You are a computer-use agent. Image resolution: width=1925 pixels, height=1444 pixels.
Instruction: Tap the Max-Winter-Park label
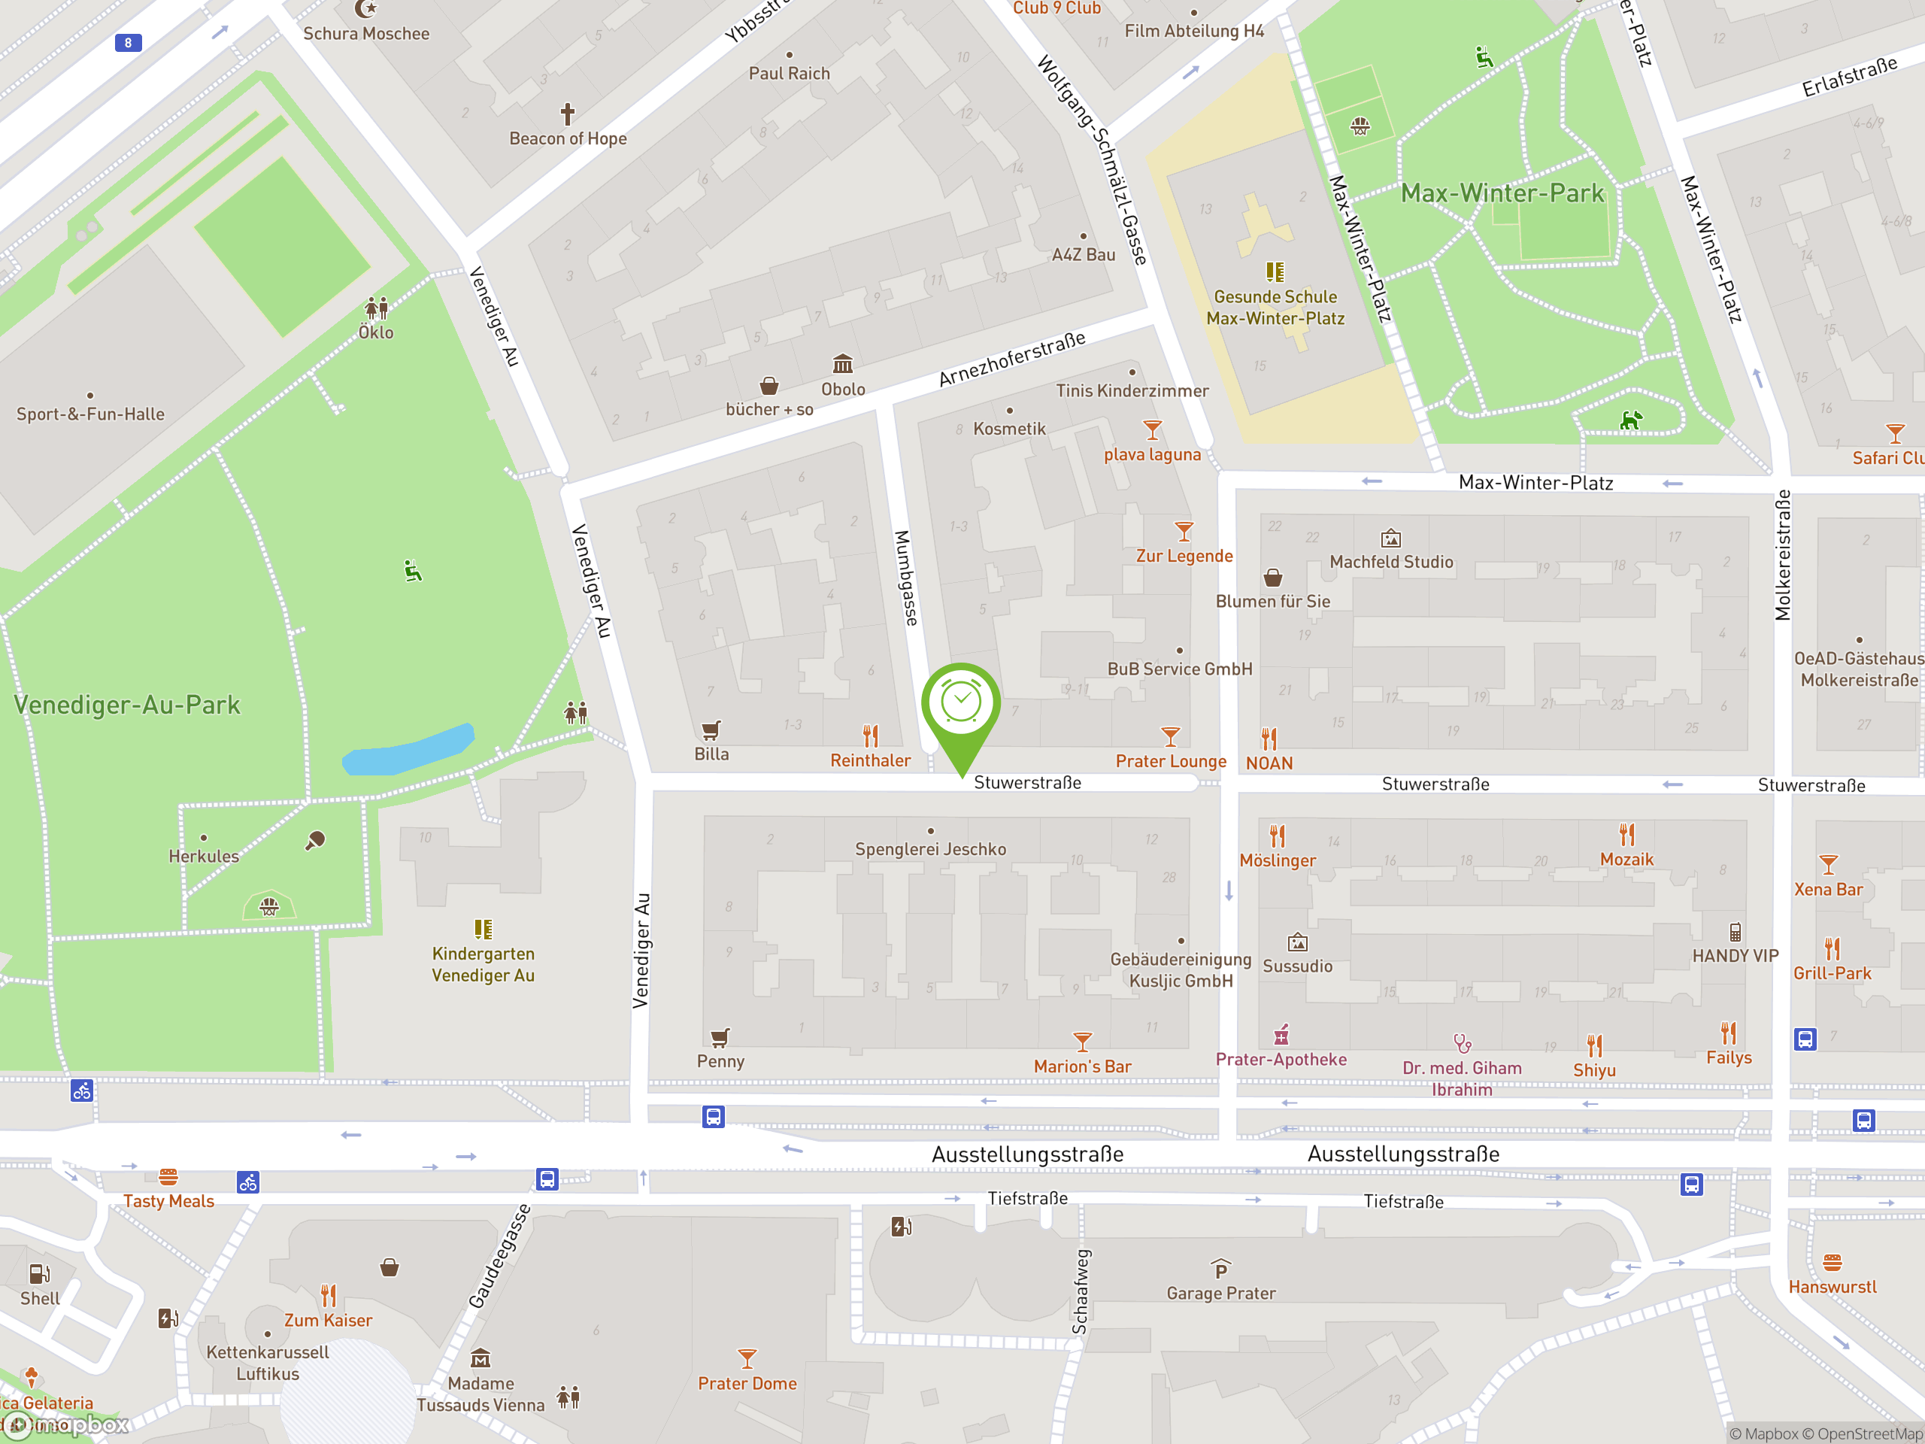click(x=1502, y=193)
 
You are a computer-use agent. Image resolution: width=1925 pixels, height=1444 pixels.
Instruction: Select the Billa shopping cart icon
click(x=711, y=730)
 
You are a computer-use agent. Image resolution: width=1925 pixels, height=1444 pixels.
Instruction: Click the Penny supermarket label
click(x=720, y=1061)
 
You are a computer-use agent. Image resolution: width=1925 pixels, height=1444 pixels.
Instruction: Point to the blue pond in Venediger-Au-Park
click(x=408, y=751)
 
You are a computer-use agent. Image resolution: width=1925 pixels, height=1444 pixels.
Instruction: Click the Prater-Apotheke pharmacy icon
click(x=1281, y=1035)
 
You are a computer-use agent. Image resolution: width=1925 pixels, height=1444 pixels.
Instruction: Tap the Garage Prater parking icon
click(x=1221, y=1269)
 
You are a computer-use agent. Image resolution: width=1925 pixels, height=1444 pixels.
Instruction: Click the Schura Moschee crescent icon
click(x=366, y=10)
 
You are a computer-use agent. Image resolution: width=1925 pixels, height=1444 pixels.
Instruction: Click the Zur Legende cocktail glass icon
click(x=1184, y=531)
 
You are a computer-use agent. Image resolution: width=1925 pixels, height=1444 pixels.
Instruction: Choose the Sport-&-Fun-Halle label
click(x=90, y=414)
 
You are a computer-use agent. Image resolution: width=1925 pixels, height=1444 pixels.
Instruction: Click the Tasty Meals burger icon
click(x=168, y=1177)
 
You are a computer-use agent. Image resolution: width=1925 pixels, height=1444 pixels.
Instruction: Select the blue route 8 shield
click(x=128, y=43)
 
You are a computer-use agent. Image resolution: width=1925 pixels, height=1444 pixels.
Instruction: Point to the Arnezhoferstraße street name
click(x=1012, y=359)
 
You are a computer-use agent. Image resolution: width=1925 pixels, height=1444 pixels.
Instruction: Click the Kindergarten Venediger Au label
click(x=483, y=964)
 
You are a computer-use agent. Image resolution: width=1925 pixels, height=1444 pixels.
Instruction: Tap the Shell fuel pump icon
click(x=40, y=1274)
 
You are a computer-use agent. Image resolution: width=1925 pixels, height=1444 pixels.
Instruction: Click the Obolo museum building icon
click(x=842, y=364)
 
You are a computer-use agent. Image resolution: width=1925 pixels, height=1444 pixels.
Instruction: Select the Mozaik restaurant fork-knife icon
click(x=1626, y=835)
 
